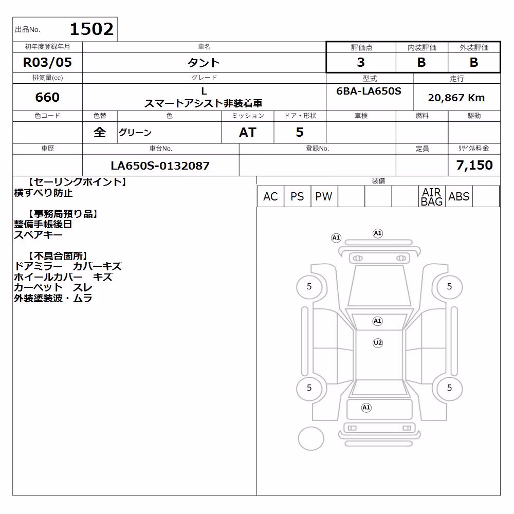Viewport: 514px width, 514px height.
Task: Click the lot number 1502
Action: point(92,29)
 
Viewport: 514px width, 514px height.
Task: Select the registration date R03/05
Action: point(47,62)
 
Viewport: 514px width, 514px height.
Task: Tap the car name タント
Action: point(204,62)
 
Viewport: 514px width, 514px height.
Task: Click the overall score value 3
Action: point(361,62)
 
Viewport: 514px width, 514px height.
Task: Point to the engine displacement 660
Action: point(47,97)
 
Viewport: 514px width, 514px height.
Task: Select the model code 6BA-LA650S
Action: point(369,91)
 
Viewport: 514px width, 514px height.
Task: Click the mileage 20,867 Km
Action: point(456,97)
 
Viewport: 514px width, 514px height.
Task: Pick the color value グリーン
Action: point(135,133)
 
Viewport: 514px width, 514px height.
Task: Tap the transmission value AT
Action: point(248,132)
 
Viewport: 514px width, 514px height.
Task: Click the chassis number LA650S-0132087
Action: point(160,166)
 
